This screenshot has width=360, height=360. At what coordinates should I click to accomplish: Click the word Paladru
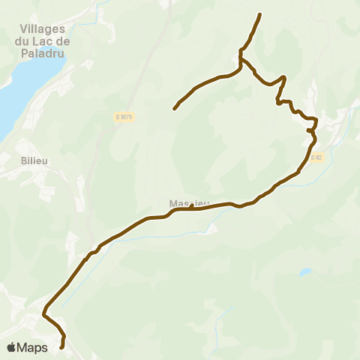[x=41, y=55]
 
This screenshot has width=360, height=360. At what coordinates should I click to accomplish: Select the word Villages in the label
[x=41, y=29]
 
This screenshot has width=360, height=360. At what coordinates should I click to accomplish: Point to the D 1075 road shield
[x=124, y=116]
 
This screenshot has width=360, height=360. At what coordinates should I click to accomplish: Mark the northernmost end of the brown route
[x=259, y=15]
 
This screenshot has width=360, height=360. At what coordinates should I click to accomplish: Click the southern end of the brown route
[x=61, y=347]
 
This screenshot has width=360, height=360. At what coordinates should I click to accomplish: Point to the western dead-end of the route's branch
[x=175, y=109]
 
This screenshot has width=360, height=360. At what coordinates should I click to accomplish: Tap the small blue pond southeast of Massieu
[x=304, y=271]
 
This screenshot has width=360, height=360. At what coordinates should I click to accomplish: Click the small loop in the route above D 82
[x=311, y=130]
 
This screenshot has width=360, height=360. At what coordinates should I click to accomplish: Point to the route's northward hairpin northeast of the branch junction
[x=284, y=77]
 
